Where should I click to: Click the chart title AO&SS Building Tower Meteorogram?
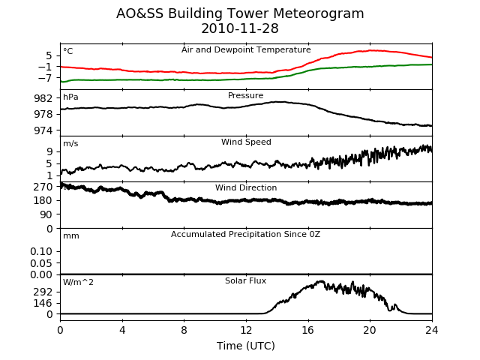[240, 13]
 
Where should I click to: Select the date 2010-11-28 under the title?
[240, 28]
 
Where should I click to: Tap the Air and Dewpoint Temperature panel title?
[246, 50]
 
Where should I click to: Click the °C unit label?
[68, 51]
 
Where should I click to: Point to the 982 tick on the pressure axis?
[43, 98]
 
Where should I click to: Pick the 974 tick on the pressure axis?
[43, 130]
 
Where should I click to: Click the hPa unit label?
[70, 97]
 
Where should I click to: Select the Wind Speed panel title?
[246, 142]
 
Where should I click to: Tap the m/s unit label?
[70, 143]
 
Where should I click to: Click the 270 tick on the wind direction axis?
[43, 187]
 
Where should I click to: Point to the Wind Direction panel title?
[246, 187]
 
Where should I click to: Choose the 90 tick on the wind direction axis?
[46, 214]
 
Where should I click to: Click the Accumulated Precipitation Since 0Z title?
[245, 234]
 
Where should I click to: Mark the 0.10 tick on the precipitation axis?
[41, 252]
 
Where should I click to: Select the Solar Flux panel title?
[245, 280]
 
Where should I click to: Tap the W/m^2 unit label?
[78, 282]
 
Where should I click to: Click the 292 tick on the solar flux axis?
[43, 292]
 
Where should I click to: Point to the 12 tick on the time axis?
[246, 330]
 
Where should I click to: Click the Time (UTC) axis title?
[246, 346]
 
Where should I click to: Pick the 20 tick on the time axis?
[370, 330]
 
